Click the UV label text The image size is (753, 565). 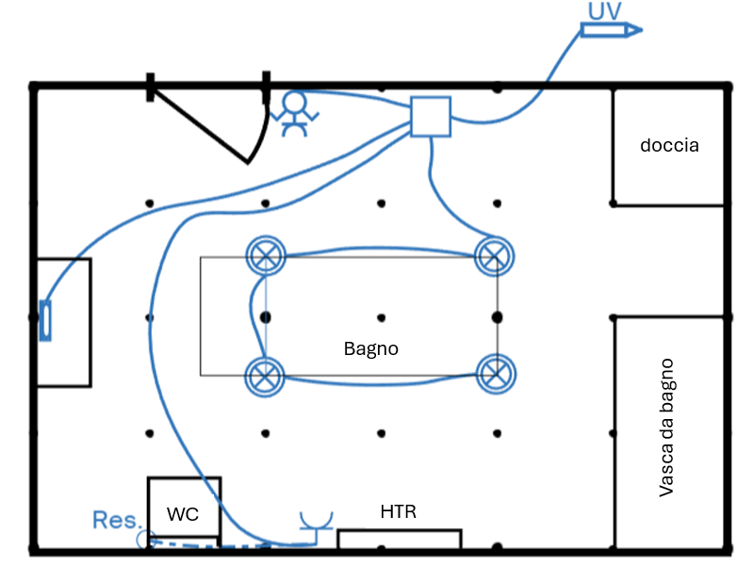pyautogui.click(x=603, y=10)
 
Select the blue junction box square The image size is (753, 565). pyautogui.click(x=432, y=117)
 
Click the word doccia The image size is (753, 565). pyautogui.click(x=669, y=146)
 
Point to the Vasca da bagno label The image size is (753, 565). pyautogui.click(x=666, y=427)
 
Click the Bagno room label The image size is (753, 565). pyautogui.click(x=370, y=348)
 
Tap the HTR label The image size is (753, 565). pyautogui.click(x=398, y=512)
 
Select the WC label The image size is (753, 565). pyautogui.click(x=182, y=514)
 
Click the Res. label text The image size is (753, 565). pyautogui.click(x=117, y=520)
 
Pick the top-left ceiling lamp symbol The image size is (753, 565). pyautogui.click(x=265, y=254)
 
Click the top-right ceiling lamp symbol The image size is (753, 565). pyautogui.click(x=494, y=255)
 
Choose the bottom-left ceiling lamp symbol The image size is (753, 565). pyautogui.click(x=265, y=376)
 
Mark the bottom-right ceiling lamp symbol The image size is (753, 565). pyautogui.click(x=495, y=374)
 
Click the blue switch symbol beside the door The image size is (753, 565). pyautogui.click(x=295, y=113)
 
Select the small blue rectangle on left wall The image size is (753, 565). pyautogui.click(x=44, y=320)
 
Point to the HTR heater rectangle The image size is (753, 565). pyautogui.click(x=400, y=539)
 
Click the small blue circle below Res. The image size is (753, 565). pyautogui.click(x=144, y=539)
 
